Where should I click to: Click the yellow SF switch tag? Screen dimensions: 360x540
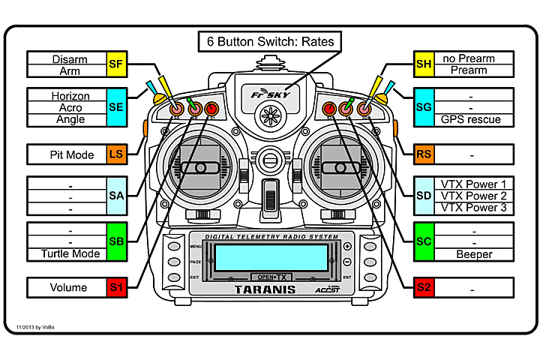116,64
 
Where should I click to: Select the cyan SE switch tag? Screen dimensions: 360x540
116,107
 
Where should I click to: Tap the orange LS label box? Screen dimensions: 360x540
116,154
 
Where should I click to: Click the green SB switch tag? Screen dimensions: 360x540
116,241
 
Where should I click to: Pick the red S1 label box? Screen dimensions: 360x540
116,287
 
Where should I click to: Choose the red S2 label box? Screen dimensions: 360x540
424,287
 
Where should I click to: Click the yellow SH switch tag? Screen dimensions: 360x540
424,64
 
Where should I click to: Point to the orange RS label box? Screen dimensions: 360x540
424,154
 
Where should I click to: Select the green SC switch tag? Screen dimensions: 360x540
424,241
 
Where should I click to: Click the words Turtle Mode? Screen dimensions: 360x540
65,253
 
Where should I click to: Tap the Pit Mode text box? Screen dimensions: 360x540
67,154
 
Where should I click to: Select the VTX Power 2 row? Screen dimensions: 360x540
474,196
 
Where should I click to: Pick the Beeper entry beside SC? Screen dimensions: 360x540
474,254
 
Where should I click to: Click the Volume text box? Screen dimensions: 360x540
67,287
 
